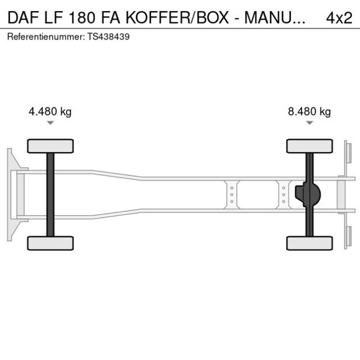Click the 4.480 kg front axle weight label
click(50, 112)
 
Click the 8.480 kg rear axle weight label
click(309, 112)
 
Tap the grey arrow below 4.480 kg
click(51, 123)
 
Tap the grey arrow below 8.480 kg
click(309, 123)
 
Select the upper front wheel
click(51, 146)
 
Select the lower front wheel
click(51, 243)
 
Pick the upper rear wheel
click(309, 146)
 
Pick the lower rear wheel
click(309, 243)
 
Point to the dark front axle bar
click(51, 195)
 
